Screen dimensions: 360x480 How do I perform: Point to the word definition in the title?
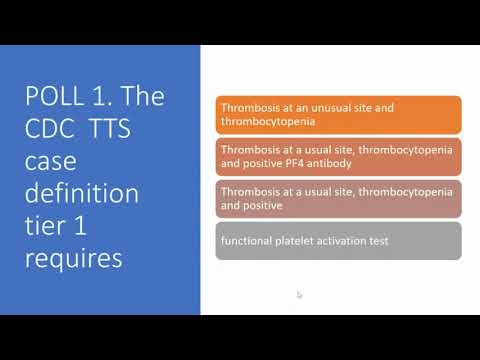[82, 193]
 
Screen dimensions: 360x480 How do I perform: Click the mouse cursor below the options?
[300, 295]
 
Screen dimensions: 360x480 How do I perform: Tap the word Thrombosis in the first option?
[249, 108]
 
